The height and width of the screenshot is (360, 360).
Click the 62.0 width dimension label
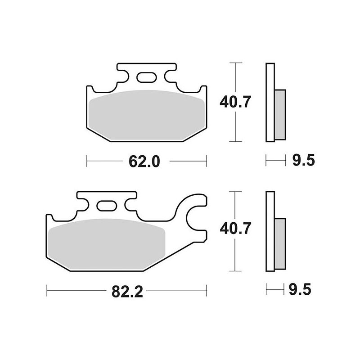tap(144, 162)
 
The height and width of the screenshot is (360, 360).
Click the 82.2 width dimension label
tap(127, 292)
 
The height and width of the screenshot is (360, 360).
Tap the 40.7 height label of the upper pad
tap(234, 102)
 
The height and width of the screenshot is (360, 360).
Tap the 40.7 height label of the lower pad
tap(234, 229)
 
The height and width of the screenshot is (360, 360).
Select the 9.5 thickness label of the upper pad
tap(303, 160)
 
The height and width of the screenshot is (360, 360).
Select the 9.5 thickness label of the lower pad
tap(300, 289)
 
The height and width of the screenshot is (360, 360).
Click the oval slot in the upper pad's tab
tap(147, 77)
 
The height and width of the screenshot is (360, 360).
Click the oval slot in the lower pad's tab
tap(107, 206)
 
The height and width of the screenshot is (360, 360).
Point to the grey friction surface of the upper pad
tap(146, 115)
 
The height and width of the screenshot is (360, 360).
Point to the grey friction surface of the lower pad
tap(107, 244)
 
